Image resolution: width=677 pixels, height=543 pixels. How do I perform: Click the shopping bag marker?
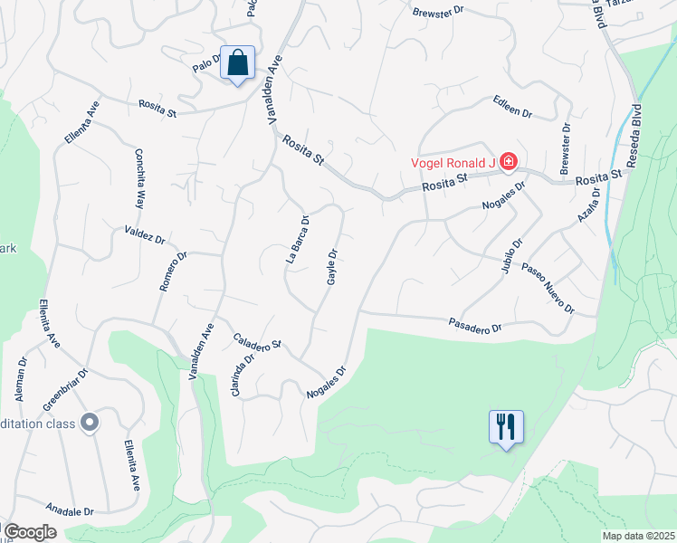(x=237, y=64)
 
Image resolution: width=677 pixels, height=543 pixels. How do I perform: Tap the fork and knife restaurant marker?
(x=506, y=426)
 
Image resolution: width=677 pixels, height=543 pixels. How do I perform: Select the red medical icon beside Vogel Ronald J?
(x=509, y=162)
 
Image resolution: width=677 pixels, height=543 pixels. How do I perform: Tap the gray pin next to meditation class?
(x=89, y=423)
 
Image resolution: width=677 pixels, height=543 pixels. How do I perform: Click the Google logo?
(x=29, y=532)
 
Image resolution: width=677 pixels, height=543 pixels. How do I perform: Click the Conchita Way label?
(x=140, y=179)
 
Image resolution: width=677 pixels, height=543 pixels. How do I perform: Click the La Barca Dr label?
(x=298, y=239)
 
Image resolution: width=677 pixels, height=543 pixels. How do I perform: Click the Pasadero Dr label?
(x=475, y=326)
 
